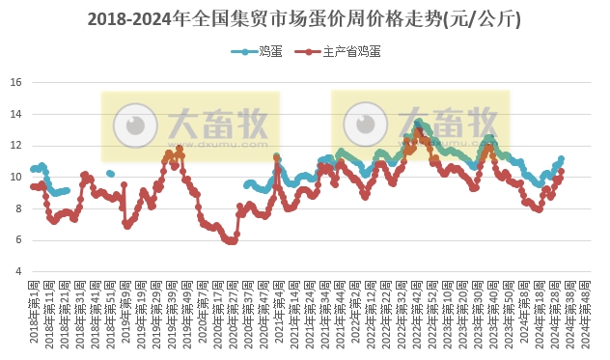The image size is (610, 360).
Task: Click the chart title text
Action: (x=305, y=18)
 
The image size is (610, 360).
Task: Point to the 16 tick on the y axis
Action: (x=16, y=82)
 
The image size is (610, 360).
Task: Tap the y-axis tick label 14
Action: (x=16, y=114)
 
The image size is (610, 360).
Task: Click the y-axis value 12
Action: (x=16, y=146)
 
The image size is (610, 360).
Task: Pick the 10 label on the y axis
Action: (x=16, y=177)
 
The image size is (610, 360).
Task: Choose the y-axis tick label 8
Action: (x=19, y=208)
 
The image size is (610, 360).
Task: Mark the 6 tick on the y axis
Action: (x=19, y=240)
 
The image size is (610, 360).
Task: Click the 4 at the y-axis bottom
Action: (x=19, y=271)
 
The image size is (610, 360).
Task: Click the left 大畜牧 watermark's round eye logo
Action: (x=135, y=124)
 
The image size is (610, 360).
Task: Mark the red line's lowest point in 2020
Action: (x=230, y=241)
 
